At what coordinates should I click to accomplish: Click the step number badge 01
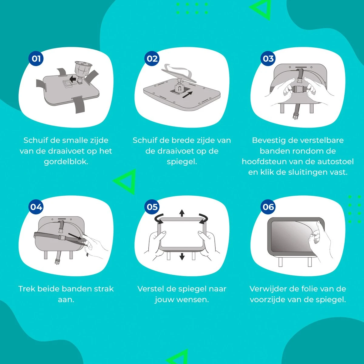tap(36, 59)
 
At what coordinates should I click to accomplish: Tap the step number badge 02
tap(152, 59)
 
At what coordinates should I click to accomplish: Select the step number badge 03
tap(268, 59)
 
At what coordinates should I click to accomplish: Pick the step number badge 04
tap(36, 207)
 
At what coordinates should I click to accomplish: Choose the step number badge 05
tap(152, 207)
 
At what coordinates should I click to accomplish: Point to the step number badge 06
tap(268, 207)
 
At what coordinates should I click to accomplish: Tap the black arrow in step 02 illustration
tap(187, 95)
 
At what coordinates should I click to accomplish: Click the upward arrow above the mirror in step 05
tap(182, 213)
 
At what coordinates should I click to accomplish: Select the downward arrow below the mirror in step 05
tap(182, 257)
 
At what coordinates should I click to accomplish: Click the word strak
tap(104, 289)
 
